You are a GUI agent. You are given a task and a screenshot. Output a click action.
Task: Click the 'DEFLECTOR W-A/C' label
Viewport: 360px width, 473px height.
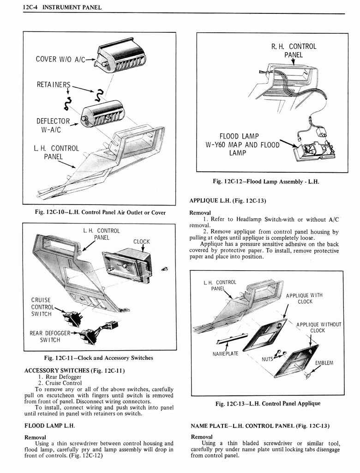tap(52, 125)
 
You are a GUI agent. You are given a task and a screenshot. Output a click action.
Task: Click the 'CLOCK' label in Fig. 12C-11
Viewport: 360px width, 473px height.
tap(141, 241)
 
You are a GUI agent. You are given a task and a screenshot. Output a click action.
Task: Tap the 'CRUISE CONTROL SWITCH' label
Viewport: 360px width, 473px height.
tap(42, 307)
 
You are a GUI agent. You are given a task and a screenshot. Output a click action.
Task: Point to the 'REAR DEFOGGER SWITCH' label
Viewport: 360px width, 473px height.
tap(50, 336)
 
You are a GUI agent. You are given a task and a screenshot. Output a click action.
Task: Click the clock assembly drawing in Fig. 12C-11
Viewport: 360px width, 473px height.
tap(127, 265)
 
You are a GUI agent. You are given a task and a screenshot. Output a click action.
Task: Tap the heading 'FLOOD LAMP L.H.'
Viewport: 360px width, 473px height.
tap(49, 425)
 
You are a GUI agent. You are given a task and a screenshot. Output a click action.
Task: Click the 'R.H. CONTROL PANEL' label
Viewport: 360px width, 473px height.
tap(294, 50)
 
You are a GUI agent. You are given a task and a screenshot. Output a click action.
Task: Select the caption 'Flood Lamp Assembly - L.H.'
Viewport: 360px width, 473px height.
tap(266, 182)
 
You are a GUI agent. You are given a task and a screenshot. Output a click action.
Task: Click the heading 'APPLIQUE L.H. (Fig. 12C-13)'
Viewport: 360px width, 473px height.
tap(228, 200)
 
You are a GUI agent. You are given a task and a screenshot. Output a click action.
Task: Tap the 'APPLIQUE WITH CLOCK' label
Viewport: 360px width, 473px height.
tap(305, 298)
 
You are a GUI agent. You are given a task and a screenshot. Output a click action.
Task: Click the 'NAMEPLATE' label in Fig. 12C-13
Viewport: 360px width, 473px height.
tap(225, 354)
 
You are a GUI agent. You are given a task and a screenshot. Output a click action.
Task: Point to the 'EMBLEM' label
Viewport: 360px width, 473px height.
tap(324, 363)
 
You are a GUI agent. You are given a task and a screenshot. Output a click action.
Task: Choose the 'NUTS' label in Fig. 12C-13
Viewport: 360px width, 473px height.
tap(267, 358)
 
